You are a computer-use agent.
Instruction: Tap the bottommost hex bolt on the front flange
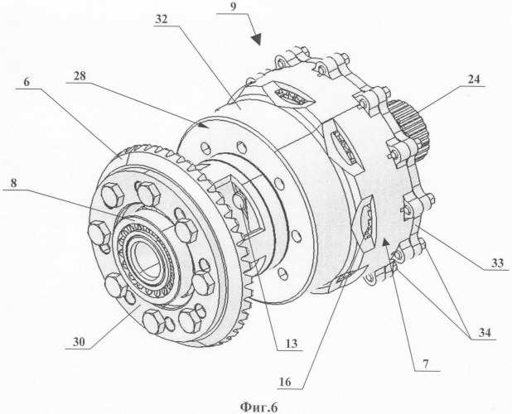pyautogui.click(x=155, y=321)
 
